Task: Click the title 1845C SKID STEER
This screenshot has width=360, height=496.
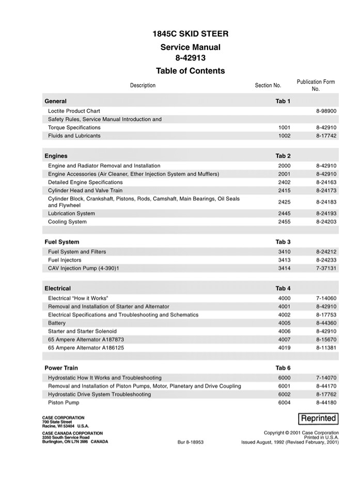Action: pyautogui.click(x=190, y=34)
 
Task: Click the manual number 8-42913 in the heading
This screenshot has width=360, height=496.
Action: pyautogui.click(x=190, y=58)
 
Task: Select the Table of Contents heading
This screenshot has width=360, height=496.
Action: pyautogui.click(x=190, y=71)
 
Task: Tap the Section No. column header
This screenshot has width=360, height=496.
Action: pyautogui.click(x=268, y=85)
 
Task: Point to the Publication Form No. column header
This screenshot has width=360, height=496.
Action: pyautogui.click(x=316, y=85)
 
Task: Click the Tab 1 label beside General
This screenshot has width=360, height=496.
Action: pyautogui.click(x=283, y=101)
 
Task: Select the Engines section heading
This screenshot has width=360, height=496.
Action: pyautogui.click(x=56, y=156)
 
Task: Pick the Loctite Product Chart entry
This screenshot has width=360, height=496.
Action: pyautogui.click(x=74, y=111)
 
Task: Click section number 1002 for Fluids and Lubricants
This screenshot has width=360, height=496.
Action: pyautogui.click(x=284, y=136)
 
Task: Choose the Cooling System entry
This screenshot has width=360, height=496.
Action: pyautogui.click(x=67, y=222)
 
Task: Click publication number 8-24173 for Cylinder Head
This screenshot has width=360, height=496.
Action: pyautogui.click(x=326, y=191)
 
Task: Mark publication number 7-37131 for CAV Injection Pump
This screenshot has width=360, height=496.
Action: pyautogui.click(x=326, y=269)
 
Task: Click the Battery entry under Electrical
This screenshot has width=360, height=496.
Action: pyautogui.click(x=57, y=323)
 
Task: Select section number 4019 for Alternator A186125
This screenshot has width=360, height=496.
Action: pyautogui.click(x=284, y=348)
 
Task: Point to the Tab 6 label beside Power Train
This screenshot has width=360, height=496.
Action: pyautogui.click(x=283, y=368)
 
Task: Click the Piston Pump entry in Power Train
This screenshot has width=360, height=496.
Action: pyautogui.click(x=64, y=402)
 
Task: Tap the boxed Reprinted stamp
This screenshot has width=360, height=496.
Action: pyautogui.click(x=318, y=419)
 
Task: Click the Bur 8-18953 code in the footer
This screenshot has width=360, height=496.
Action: pyautogui.click(x=191, y=442)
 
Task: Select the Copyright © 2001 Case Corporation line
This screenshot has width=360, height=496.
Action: pyautogui.click(x=301, y=432)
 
